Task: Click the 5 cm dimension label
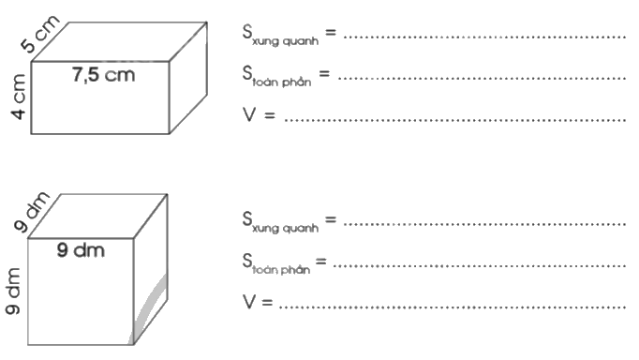pyautogui.click(x=41, y=34)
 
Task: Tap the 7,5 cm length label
pyautogui.click(x=103, y=75)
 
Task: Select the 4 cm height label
pyautogui.click(x=18, y=101)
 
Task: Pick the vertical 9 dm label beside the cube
pyautogui.click(x=15, y=292)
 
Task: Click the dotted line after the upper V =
pyautogui.click(x=454, y=119)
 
